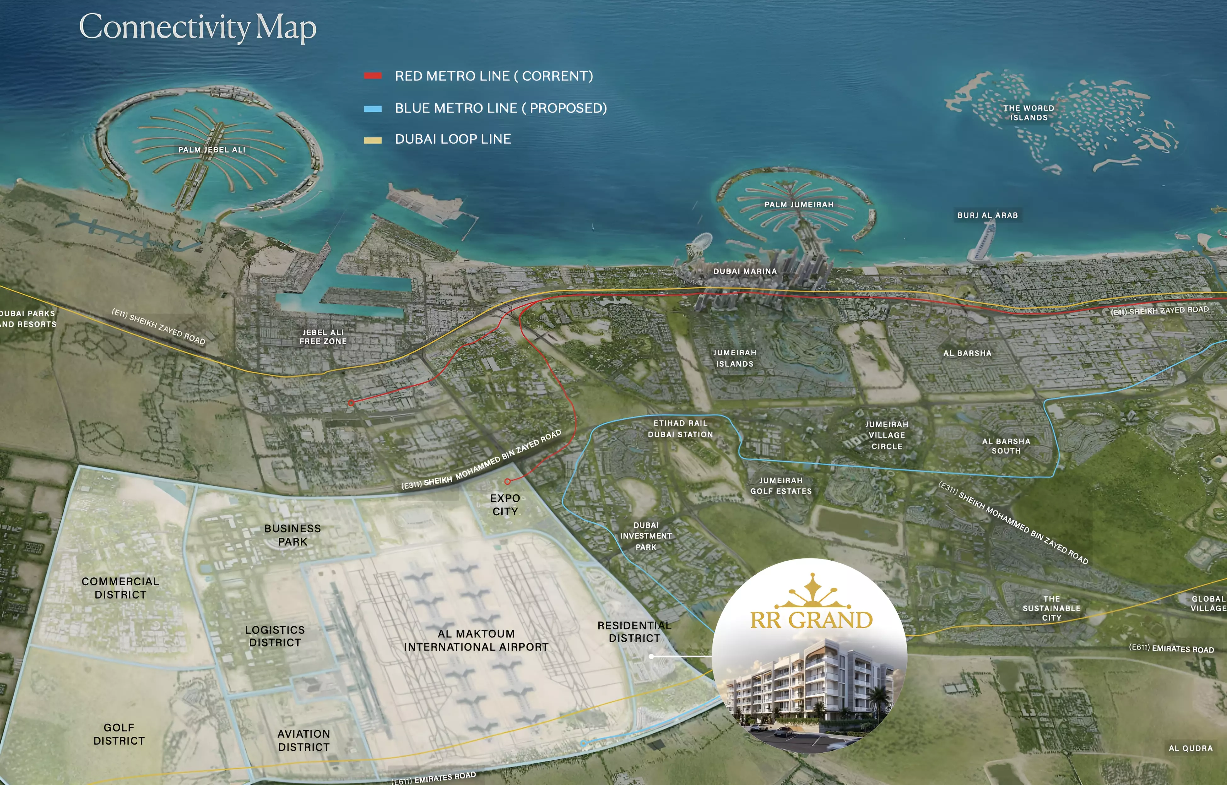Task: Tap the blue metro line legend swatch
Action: [x=373, y=109]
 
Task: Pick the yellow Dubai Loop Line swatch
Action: [x=373, y=140]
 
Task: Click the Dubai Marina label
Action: [x=745, y=272]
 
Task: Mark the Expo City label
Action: [x=505, y=505]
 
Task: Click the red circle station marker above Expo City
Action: [x=507, y=481]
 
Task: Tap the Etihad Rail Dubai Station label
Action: [x=680, y=429]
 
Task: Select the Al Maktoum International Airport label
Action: [x=476, y=640]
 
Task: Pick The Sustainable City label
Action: [x=1051, y=608]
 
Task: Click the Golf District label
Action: [x=119, y=734]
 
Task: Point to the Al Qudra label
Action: [x=1190, y=748]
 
